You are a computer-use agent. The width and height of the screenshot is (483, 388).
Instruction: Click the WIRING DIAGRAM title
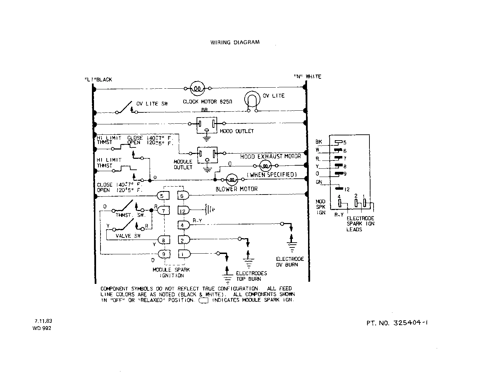235,42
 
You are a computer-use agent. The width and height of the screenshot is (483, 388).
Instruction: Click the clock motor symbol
197,88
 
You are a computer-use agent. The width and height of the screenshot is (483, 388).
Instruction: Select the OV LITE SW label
152,103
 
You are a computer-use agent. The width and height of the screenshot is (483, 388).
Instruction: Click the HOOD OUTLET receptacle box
207,125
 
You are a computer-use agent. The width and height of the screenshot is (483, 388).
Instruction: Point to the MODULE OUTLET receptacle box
207,155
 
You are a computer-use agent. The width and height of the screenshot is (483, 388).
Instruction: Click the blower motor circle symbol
232,179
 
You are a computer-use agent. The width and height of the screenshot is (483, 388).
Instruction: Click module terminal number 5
163,196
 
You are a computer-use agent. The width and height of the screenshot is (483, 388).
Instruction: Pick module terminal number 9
164,254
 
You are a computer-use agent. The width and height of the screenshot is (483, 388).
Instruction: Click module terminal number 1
184,254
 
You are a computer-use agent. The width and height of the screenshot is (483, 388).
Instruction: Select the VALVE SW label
128,236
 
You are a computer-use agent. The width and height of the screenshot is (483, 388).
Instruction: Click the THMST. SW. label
130,215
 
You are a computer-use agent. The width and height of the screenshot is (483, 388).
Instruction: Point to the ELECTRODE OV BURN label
290,262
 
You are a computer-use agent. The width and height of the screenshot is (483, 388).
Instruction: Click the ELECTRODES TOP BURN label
251,276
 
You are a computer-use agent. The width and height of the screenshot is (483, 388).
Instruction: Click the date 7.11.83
43,321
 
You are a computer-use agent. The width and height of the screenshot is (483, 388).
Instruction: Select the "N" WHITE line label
307,77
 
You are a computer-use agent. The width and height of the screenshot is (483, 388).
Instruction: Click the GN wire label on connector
319,182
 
